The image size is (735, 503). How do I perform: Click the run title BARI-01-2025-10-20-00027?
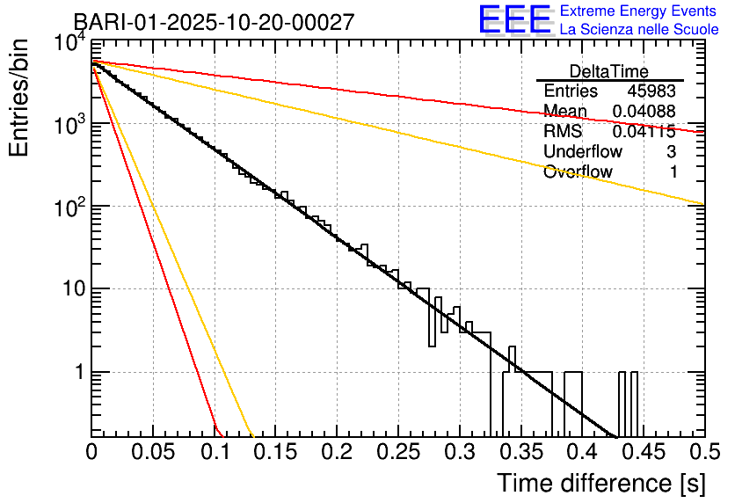tap(214, 22)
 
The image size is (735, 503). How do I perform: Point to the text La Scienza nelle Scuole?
tap(639, 29)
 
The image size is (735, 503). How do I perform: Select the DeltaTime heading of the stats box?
tap(609, 71)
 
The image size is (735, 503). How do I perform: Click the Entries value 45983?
tap(651, 91)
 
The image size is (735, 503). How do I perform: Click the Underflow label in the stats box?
tap(583, 152)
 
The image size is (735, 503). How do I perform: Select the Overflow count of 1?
tap(673, 172)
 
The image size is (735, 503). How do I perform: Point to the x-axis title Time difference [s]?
tap(601, 483)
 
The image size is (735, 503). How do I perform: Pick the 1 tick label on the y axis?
tap(77, 372)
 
